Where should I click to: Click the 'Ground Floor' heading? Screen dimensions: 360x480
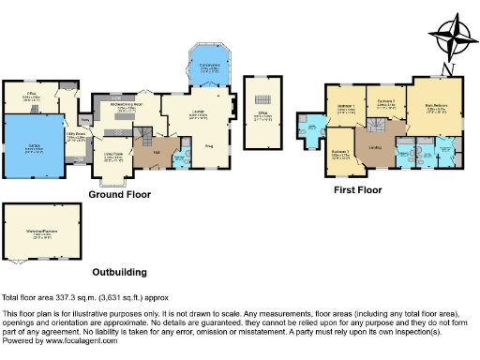coord(120,195)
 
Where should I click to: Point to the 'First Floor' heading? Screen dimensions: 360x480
coord(358,190)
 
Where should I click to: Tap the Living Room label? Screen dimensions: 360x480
coord(113,156)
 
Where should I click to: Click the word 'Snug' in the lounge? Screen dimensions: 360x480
coord(211,145)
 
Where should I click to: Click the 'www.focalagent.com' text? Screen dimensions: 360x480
coord(79,339)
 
